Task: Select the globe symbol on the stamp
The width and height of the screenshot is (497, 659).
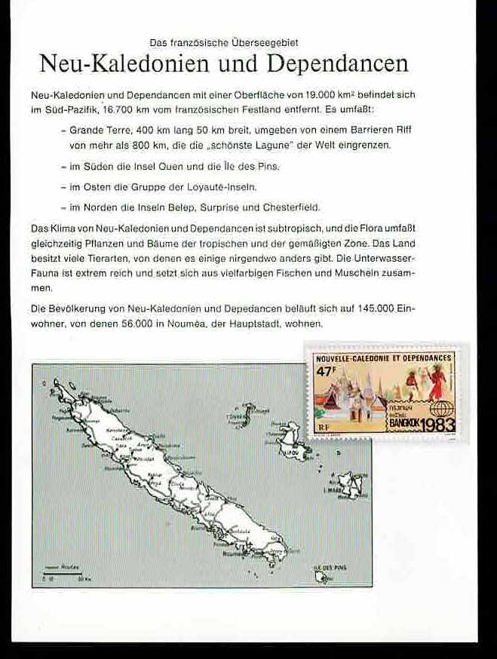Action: pyautogui.click(x=440, y=411)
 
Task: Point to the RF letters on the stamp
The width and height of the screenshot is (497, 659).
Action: pyautogui.click(x=324, y=428)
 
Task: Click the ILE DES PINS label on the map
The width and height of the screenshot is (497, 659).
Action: pyautogui.click(x=330, y=567)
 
